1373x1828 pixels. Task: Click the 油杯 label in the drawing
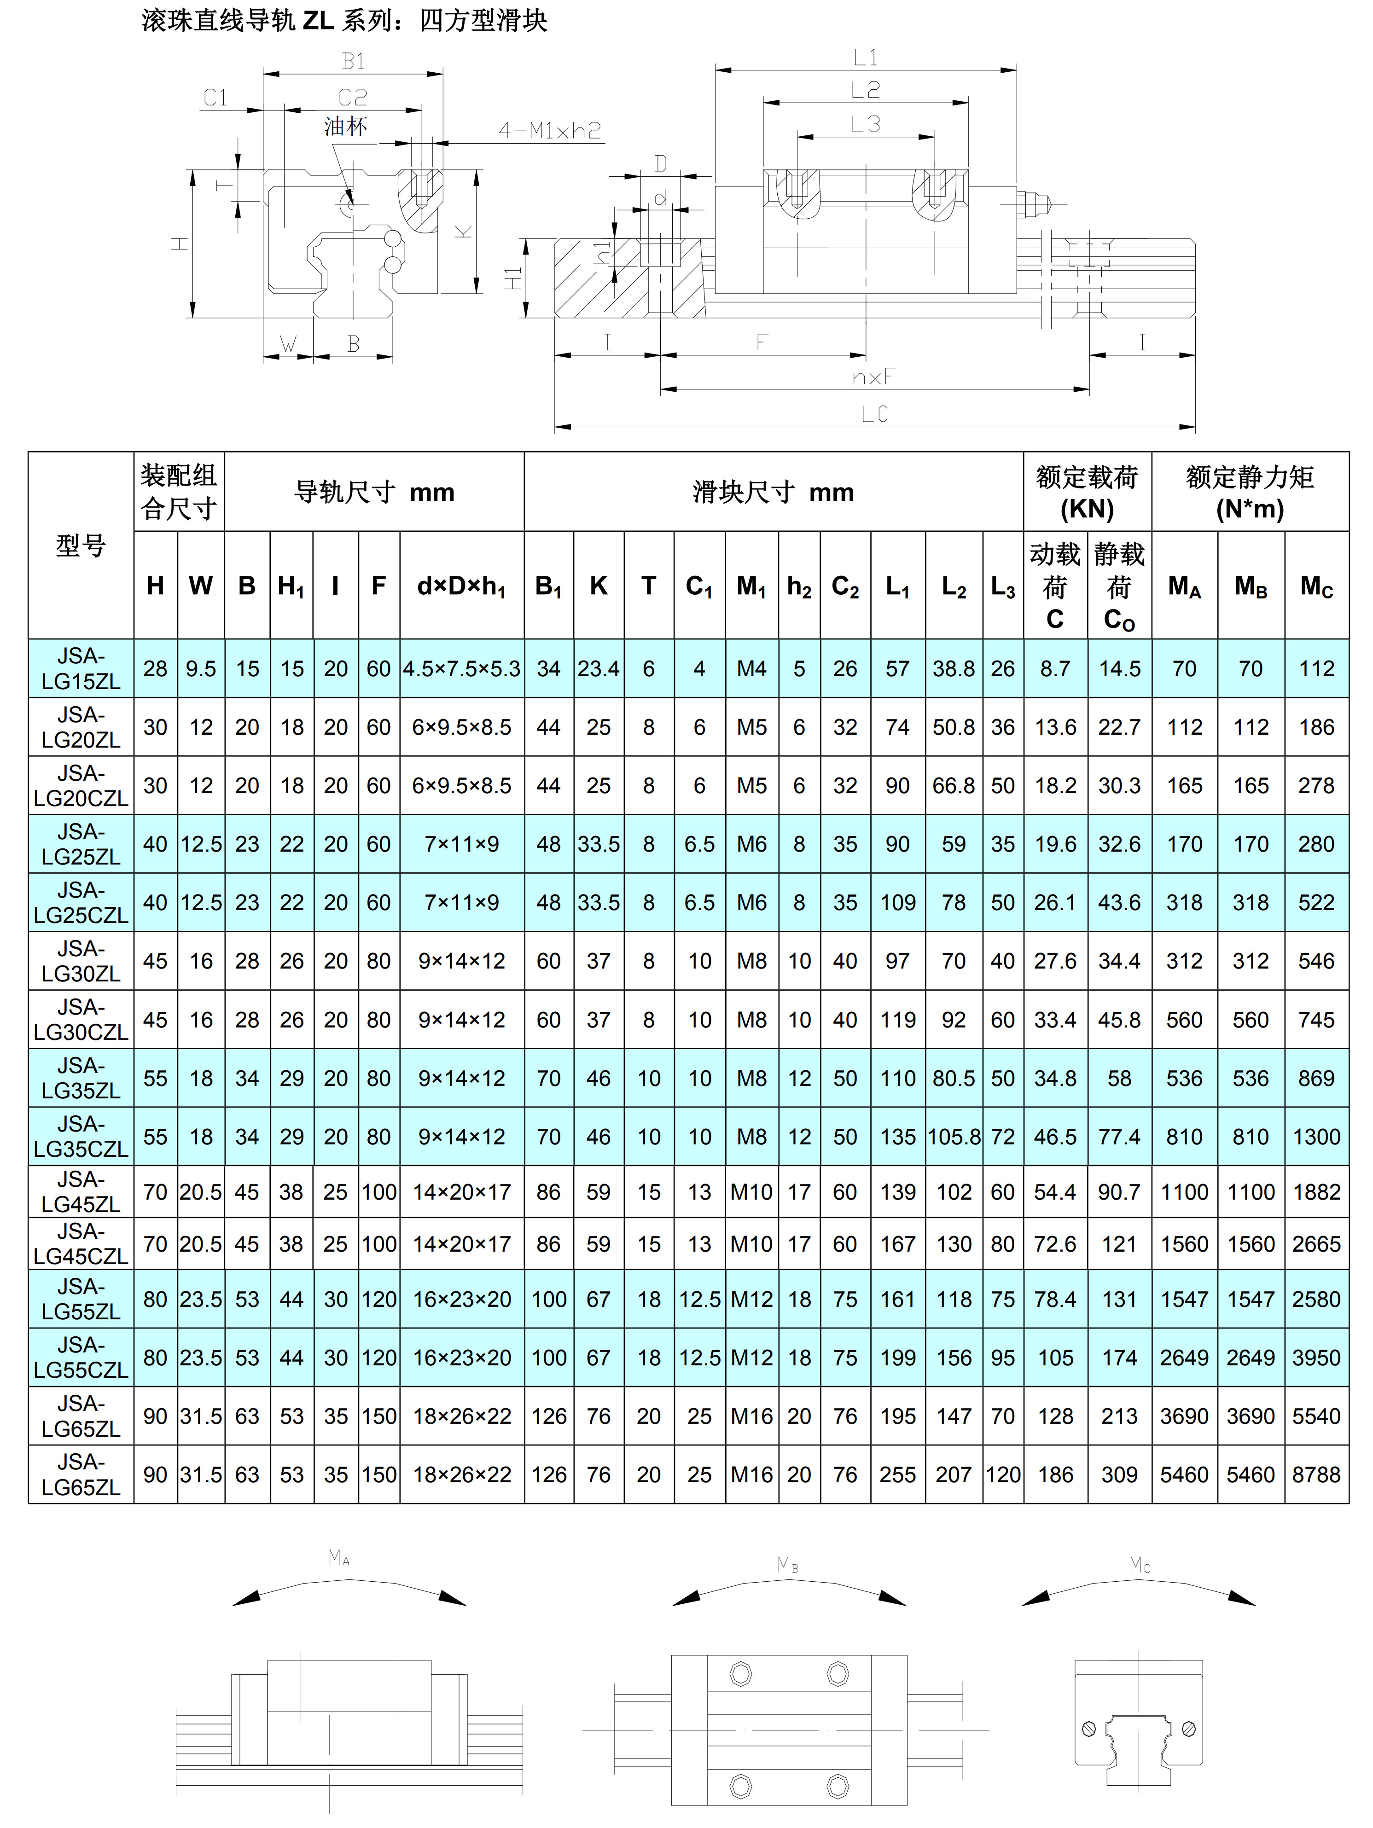pyautogui.click(x=345, y=127)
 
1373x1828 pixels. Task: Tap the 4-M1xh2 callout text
pyautogui.click(x=550, y=131)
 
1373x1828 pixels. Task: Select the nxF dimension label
pyautogui.click(x=874, y=377)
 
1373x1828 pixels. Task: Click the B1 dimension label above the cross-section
pyautogui.click(x=353, y=61)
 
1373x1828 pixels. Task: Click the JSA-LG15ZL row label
pyautogui.click(x=81, y=668)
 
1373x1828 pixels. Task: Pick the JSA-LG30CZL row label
pyautogui.click(x=81, y=1020)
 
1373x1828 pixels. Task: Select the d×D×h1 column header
pyautogui.click(x=461, y=586)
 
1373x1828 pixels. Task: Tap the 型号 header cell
pyautogui.click(x=81, y=545)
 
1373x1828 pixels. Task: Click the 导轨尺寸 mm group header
pyautogui.click(x=374, y=492)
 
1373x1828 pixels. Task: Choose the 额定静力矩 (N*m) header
pyautogui.click(x=1250, y=492)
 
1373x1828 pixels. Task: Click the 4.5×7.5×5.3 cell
pyautogui.click(x=461, y=668)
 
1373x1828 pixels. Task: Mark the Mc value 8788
pyautogui.click(x=1316, y=1474)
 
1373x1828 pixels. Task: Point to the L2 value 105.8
pyautogui.click(x=954, y=1136)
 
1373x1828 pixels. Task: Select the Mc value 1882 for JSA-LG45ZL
pyautogui.click(x=1316, y=1192)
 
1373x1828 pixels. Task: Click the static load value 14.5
pyautogui.click(x=1119, y=668)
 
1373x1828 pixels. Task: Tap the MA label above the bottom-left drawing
pyautogui.click(x=339, y=1558)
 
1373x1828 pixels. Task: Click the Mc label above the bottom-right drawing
pyautogui.click(x=1140, y=1564)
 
